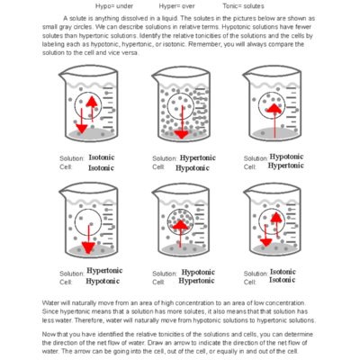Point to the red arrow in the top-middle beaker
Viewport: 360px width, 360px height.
point(183,122)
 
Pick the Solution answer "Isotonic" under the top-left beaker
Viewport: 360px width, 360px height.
point(101,157)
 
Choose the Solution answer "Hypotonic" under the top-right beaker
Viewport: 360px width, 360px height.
point(286,157)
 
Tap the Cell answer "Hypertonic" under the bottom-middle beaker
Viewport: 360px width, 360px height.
point(199,280)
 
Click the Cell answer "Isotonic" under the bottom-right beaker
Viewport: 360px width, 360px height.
point(283,280)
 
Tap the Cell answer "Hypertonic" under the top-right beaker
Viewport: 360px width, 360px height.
point(286,166)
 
